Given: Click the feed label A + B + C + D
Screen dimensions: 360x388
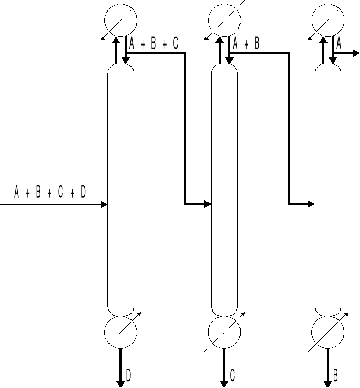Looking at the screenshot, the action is tap(50, 193).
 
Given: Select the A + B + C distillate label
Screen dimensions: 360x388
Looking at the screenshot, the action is tap(154, 44).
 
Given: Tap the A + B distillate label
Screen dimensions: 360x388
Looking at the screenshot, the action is tap(246, 44).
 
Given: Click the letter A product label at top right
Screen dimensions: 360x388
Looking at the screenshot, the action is tap(339, 44).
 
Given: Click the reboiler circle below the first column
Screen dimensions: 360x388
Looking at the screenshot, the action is tap(121, 331).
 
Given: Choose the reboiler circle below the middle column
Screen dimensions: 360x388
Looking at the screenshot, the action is tap(224, 331).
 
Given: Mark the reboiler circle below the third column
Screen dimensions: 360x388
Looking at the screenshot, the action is tap(328, 331).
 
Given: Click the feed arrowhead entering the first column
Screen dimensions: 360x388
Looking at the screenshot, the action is tap(104, 204).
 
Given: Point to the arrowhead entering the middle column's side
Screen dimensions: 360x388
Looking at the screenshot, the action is tap(208, 203).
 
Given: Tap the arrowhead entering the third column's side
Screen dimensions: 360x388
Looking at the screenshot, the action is tap(311, 203).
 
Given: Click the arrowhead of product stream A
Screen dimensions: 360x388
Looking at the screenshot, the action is tap(356, 53).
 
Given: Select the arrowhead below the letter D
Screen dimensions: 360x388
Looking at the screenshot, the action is tap(121, 384).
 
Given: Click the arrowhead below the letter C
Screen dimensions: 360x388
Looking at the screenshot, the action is tap(224, 384).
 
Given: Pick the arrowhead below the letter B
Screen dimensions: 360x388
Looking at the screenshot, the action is tap(328, 384).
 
